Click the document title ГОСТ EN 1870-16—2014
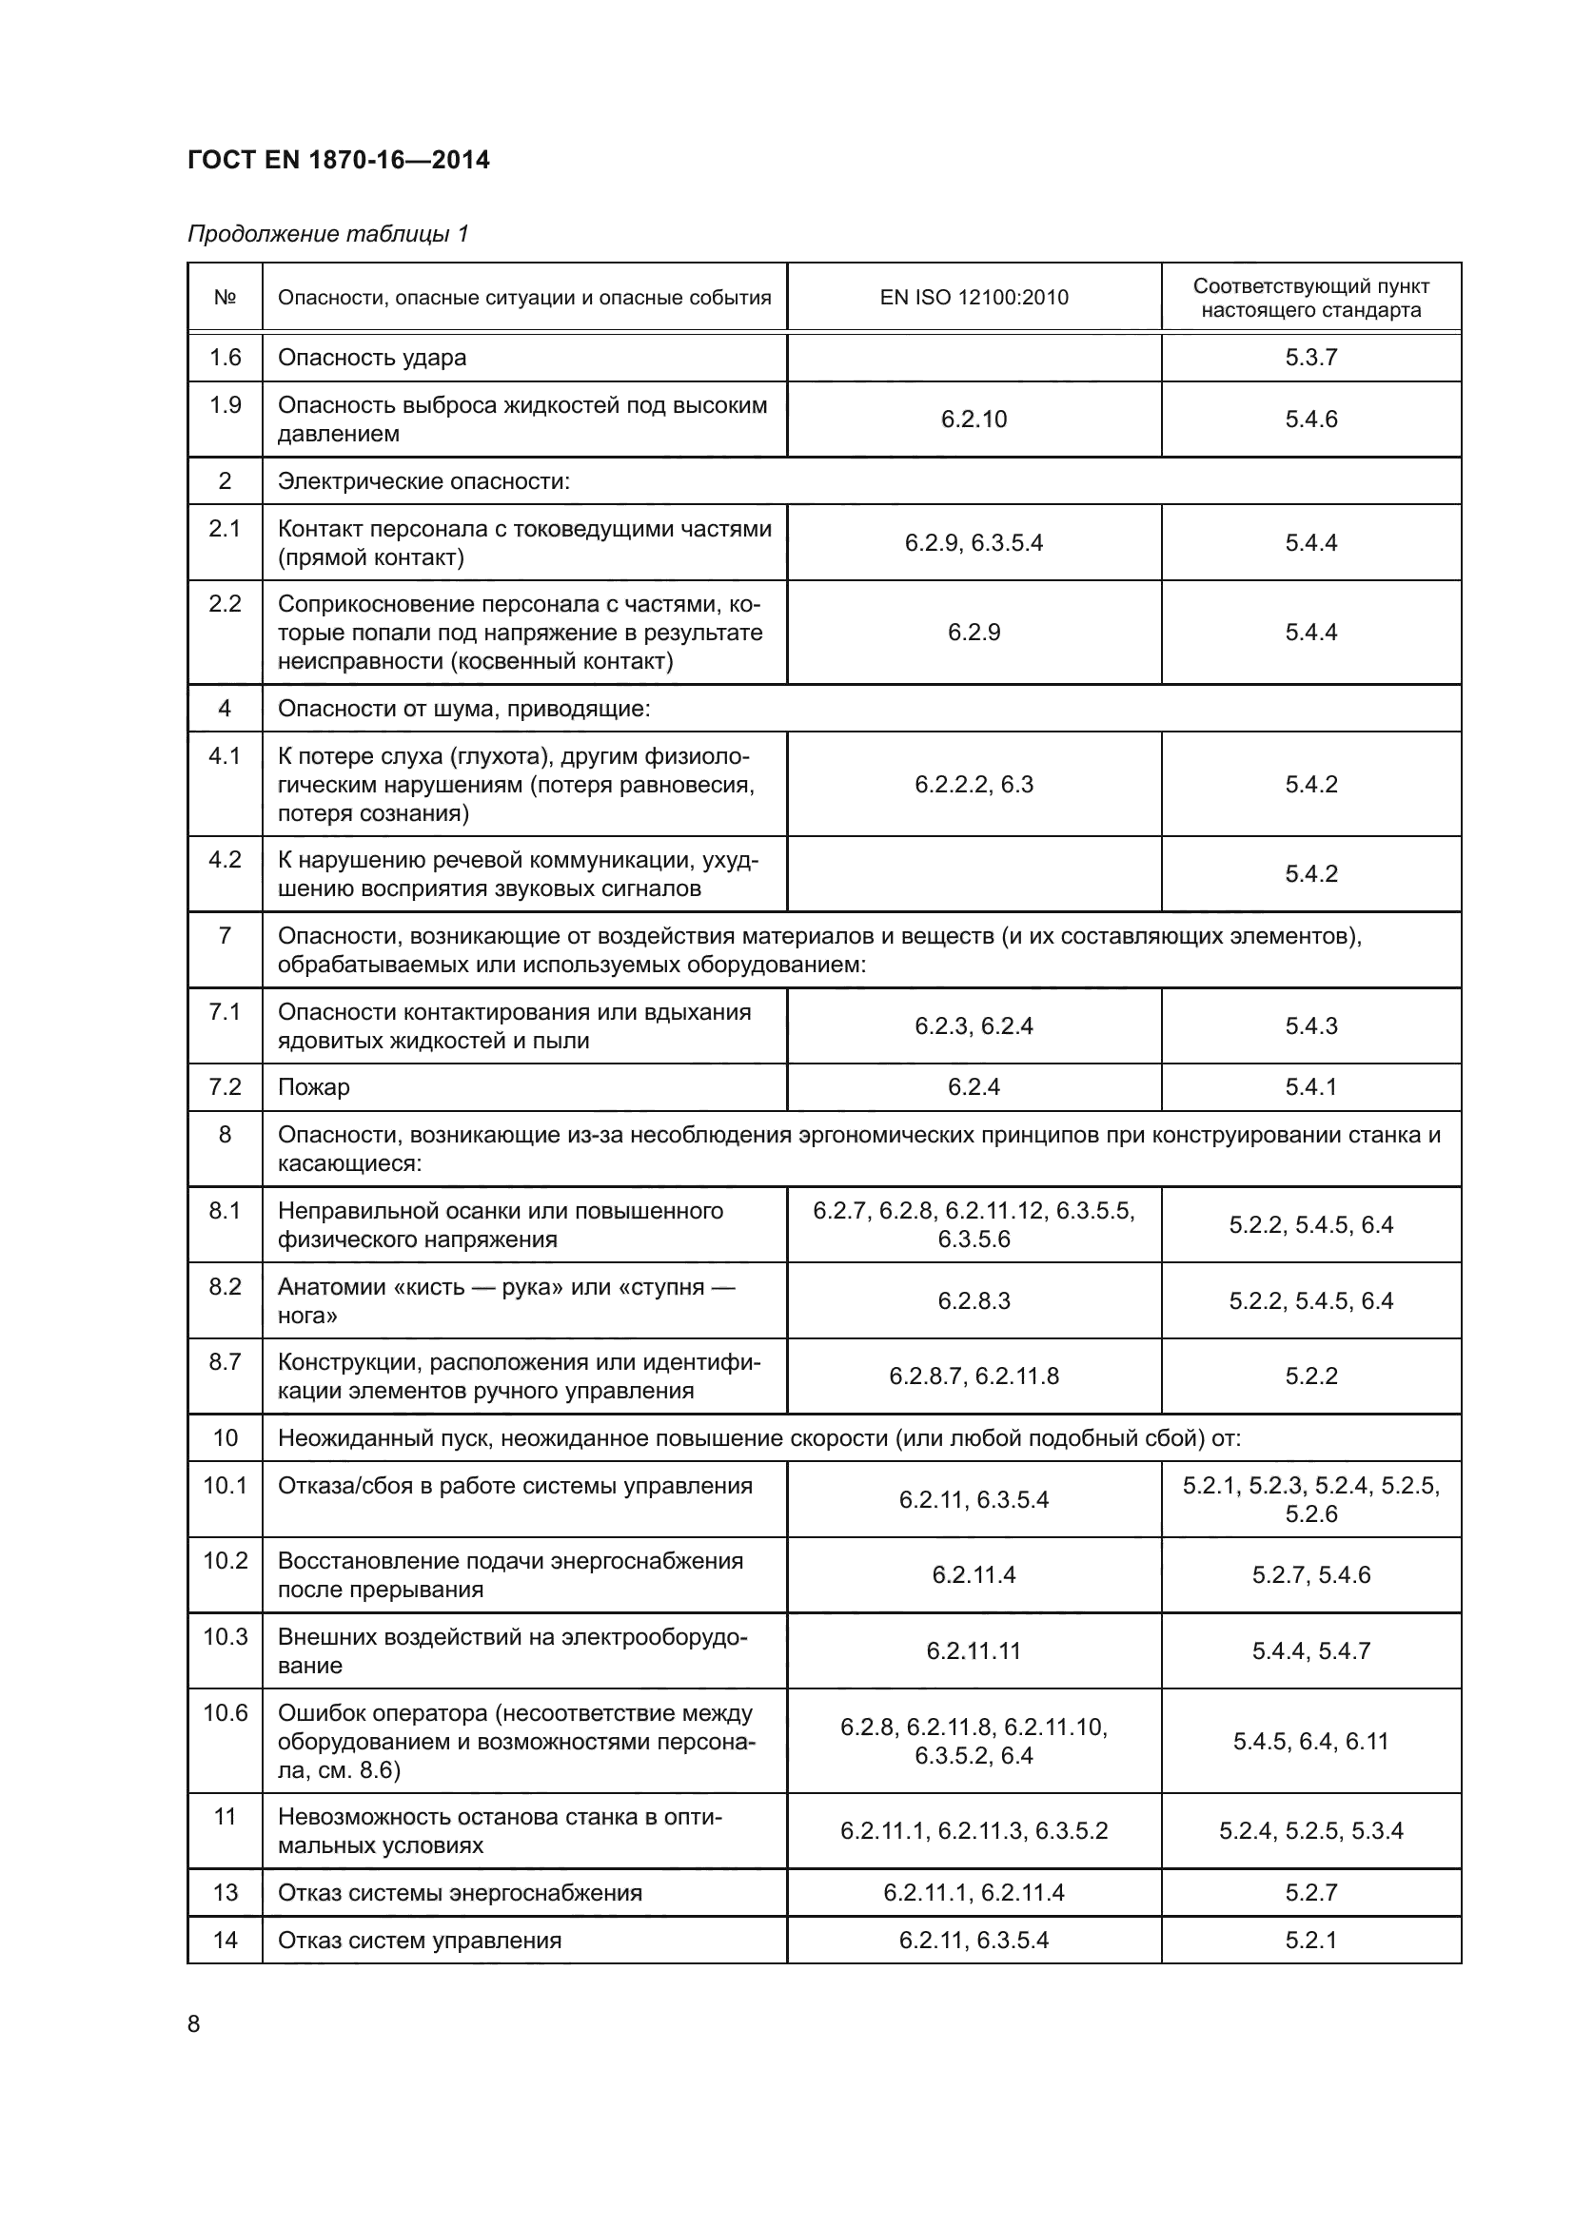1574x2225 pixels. point(338,160)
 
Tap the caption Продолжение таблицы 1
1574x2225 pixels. point(327,234)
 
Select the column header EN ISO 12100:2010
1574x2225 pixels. point(974,298)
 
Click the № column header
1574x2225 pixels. point(225,298)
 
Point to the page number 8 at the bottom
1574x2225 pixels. point(194,2023)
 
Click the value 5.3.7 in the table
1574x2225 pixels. point(1310,358)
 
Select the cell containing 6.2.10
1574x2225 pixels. point(974,419)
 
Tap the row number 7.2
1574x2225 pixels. point(225,1086)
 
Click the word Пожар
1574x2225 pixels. point(314,1086)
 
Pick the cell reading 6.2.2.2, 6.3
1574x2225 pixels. point(974,784)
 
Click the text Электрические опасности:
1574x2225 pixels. point(423,480)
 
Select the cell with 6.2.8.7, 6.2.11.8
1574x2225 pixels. point(974,1376)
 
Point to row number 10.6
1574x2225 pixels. point(225,1713)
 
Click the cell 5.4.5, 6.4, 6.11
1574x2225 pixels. point(1310,1742)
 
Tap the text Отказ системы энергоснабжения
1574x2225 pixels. point(460,1893)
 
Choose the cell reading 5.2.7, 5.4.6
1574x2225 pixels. point(1310,1574)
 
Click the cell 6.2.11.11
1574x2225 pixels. point(974,1650)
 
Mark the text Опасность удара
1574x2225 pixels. point(372,358)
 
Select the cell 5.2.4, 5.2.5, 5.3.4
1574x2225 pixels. point(1310,1830)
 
